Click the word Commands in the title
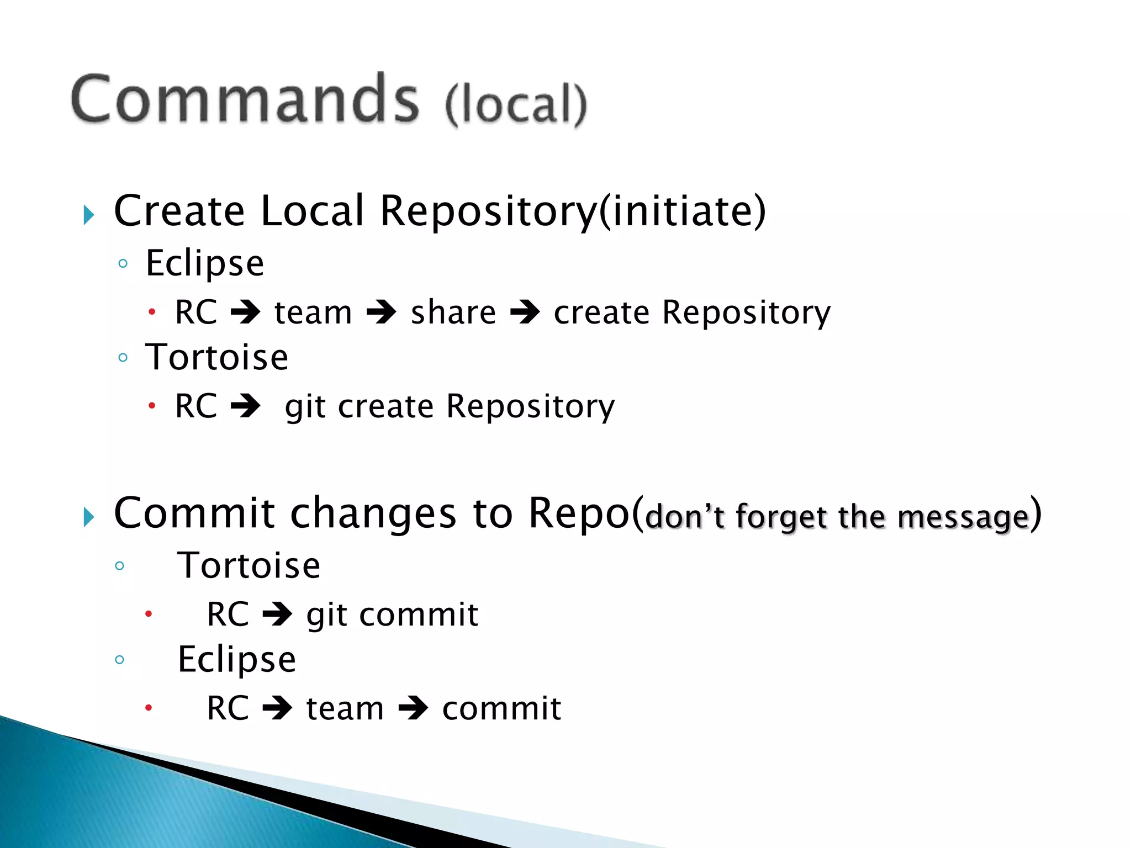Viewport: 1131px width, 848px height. click(x=245, y=100)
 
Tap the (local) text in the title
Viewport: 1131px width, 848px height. click(x=516, y=104)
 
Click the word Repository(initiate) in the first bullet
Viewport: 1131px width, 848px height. click(x=573, y=211)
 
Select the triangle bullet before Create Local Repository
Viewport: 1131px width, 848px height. click(x=89, y=215)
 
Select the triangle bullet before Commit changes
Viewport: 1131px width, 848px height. click(x=89, y=517)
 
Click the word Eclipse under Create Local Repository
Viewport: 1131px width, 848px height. click(x=204, y=264)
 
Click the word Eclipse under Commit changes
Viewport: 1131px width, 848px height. click(x=236, y=660)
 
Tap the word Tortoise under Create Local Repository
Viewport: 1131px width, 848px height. click(x=216, y=357)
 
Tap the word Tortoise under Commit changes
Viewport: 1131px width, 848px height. click(x=249, y=566)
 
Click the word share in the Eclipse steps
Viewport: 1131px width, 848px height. click(x=453, y=313)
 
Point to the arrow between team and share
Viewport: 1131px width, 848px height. click(x=382, y=312)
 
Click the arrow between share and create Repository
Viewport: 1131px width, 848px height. click(x=525, y=312)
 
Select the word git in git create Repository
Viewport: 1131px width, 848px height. click(x=305, y=407)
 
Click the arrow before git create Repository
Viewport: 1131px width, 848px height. click(x=245, y=406)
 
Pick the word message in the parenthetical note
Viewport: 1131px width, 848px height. click(x=963, y=518)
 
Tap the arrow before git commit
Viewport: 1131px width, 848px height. click(x=277, y=614)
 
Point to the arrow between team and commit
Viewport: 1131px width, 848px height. click(x=413, y=708)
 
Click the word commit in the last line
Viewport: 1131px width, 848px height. click(x=501, y=709)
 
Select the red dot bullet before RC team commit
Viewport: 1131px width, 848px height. click(x=148, y=708)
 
